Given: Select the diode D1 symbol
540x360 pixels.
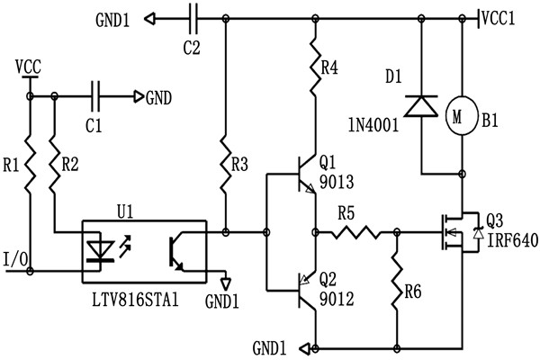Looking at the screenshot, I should [421, 106].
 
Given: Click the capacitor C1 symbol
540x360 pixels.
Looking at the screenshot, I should [98, 94].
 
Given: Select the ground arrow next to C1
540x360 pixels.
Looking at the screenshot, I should [139, 94].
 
